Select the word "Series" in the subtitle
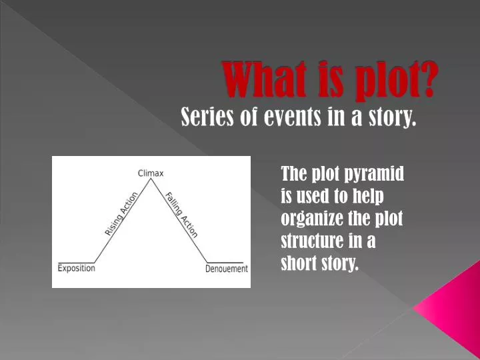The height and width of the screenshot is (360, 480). click(203, 118)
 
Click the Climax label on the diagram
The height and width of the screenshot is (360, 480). click(151, 173)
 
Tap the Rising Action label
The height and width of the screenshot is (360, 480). click(121, 213)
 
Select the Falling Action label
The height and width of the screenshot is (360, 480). click(181, 214)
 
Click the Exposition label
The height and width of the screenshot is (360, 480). click(76, 268)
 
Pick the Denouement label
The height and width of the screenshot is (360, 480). click(227, 269)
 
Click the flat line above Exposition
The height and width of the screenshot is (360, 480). click(75, 262)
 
